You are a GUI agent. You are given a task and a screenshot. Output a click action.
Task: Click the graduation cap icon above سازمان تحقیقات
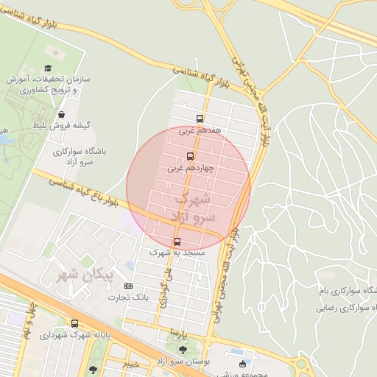coord(53,49)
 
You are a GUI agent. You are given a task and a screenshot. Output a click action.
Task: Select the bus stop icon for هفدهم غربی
coord(200,119)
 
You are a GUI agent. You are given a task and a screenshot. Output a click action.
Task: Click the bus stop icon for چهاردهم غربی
coord(190,156)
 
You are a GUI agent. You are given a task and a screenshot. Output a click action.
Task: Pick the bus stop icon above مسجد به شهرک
coord(177,241)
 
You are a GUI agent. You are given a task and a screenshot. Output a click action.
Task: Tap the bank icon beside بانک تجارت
coord(129,286)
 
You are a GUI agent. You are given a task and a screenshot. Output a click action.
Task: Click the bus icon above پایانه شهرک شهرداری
coord(74,324)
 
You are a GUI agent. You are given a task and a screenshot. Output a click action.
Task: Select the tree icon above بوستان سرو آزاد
coord(183,350)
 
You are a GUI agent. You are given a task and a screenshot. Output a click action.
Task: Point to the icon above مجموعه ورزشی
coord(242,364)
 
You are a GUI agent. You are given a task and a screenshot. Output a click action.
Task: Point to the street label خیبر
coord(130,364)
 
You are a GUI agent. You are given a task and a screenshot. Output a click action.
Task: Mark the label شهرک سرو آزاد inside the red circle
coord(193,208)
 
